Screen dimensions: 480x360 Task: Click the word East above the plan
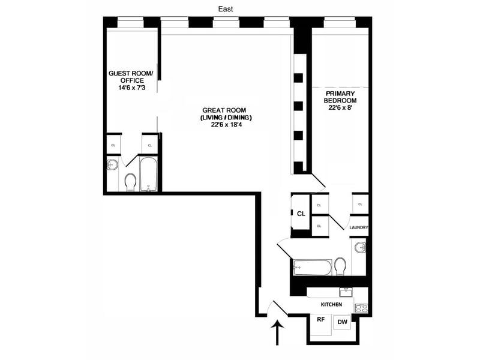pyautogui.click(x=226, y=9)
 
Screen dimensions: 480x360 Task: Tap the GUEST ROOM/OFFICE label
pyautogui.click(x=131, y=77)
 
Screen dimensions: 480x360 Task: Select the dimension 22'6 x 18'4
pyautogui.click(x=226, y=125)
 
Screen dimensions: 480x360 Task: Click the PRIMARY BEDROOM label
pyautogui.click(x=340, y=97)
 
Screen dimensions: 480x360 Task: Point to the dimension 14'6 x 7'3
pyautogui.click(x=131, y=88)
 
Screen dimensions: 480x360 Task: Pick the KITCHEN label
pyautogui.click(x=331, y=304)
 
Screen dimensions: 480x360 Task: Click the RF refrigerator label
pyautogui.click(x=320, y=319)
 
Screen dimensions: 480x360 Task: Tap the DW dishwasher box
pyautogui.click(x=343, y=322)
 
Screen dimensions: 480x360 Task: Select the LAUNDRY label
pyautogui.click(x=358, y=227)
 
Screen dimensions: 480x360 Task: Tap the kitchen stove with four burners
pyautogui.click(x=361, y=308)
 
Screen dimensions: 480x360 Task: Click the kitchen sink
pyautogui.click(x=346, y=292)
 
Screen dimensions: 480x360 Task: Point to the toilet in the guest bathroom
pyautogui.click(x=130, y=182)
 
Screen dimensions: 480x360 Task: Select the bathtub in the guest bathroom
pyautogui.click(x=148, y=174)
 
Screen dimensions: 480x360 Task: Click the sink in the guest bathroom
pyautogui.click(x=112, y=165)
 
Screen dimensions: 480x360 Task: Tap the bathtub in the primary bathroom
pyautogui.click(x=312, y=267)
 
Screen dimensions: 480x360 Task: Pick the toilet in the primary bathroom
pyautogui.click(x=340, y=266)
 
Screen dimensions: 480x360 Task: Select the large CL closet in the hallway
pyautogui.click(x=301, y=214)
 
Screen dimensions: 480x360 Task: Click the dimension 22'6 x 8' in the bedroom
pyautogui.click(x=340, y=108)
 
